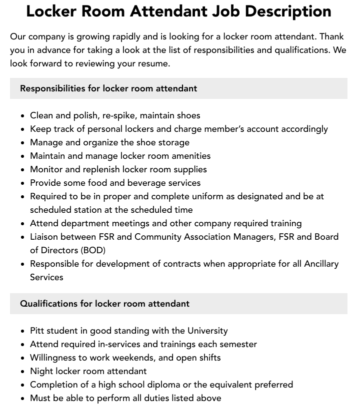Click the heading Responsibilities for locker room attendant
(x=108, y=88)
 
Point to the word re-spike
(x=120, y=115)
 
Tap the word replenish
(x=100, y=169)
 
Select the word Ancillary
(x=321, y=264)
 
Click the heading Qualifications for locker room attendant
(x=104, y=304)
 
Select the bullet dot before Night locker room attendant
(x=23, y=372)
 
